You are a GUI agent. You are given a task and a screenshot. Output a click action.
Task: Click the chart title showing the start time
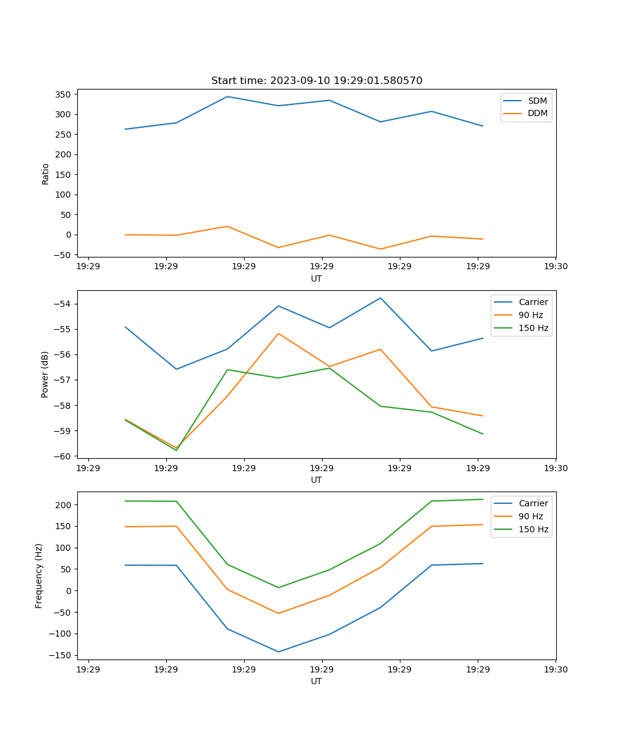tap(316, 81)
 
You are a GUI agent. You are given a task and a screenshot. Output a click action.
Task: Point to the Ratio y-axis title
tap(45, 174)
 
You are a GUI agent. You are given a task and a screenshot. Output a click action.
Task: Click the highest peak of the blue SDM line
tap(227, 96)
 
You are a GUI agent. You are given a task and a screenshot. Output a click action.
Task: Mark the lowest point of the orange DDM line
tap(380, 249)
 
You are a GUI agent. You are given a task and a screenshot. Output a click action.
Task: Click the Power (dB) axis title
tap(45, 374)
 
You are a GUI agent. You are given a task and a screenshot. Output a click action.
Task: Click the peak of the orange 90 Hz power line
tap(279, 333)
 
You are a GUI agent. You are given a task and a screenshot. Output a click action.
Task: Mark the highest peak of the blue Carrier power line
tap(380, 298)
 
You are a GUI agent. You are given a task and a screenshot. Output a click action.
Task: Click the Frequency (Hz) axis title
tap(39, 576)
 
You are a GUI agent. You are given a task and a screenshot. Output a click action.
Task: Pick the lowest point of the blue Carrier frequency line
tap(278, 651)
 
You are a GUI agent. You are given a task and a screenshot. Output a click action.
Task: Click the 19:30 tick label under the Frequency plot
tap(556, 669)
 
